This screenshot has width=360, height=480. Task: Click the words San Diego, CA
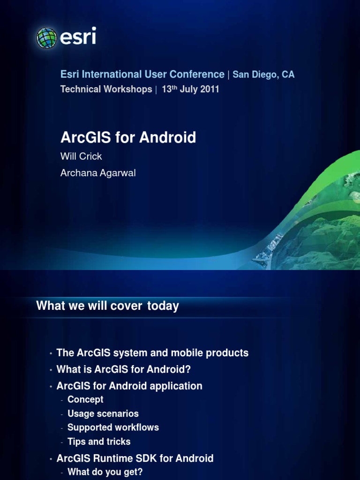tap(263, 75)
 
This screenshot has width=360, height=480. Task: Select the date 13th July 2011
tap(190, 89)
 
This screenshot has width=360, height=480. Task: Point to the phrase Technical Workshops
tap(106, 89)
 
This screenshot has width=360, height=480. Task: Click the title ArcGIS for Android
tap(128, 138)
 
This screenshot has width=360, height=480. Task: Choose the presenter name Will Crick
tap(81, 156)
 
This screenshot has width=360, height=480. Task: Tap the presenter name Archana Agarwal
tap(98, 173)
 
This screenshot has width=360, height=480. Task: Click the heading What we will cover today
tap(107, 306)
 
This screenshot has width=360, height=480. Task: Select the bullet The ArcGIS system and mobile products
tap(152, 353)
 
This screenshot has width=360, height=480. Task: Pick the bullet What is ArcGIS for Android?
tap(123, 369)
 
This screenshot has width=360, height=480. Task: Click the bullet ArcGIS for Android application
tap(129, 386)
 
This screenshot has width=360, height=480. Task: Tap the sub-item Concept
tap(85, 399)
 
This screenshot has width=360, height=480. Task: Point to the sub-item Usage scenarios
tap(103, 413)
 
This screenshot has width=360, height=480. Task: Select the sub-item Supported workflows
tap(113, 427)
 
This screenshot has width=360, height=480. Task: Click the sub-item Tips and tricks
tap(99, 442)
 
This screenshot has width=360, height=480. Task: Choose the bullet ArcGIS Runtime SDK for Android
tap(135, 458)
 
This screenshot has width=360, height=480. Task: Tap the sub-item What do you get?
tap(105, 472)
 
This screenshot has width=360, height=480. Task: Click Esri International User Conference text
tap(142, 75)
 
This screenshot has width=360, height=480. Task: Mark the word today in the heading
tap(163, 306)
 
